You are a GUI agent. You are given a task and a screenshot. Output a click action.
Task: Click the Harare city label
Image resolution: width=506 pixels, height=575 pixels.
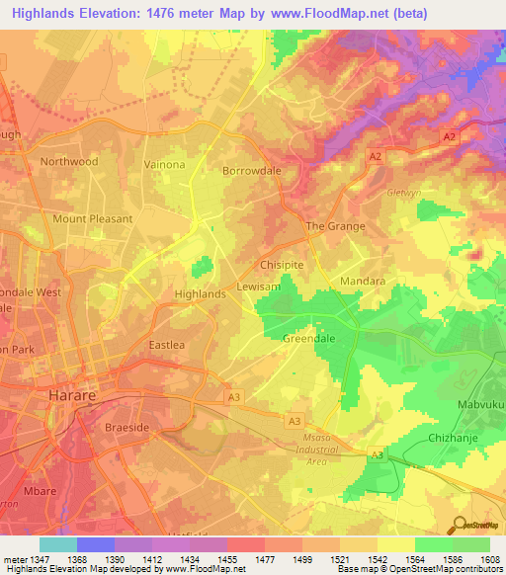click(73, 395)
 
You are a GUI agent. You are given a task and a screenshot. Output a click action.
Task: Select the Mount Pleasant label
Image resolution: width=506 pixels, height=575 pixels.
click(92, 218)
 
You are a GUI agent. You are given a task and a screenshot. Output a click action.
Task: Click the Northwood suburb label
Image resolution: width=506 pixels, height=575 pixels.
click(69, 161)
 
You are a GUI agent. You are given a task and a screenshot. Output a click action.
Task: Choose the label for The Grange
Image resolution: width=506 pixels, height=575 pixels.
click(335, 226)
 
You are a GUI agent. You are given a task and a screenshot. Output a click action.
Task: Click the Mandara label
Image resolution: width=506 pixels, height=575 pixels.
click(363, 281)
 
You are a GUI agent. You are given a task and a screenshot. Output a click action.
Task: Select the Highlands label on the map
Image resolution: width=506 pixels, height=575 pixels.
click(200, 294)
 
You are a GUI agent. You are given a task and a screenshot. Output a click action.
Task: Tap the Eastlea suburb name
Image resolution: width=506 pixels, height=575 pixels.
click(166, 345)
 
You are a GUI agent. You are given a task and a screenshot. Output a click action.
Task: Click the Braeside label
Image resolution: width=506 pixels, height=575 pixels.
click(126, 429)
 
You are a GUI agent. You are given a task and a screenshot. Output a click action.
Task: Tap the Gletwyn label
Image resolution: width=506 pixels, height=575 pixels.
click(404, 193)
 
